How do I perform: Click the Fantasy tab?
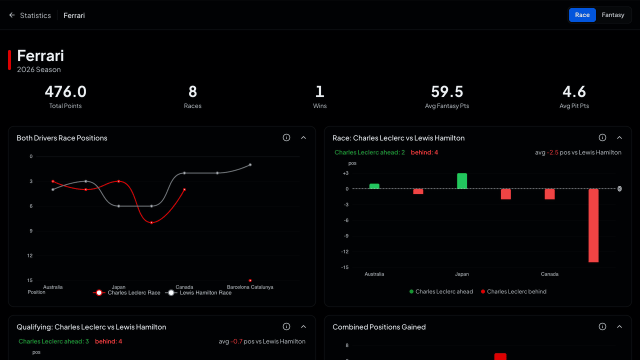point(613,15)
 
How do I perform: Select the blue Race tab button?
point(582,15)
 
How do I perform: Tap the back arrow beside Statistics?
point(11,15)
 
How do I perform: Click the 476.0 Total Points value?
point(65,91)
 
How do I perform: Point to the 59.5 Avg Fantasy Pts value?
point(447,91)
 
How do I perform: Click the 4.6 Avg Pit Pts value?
point(574,91)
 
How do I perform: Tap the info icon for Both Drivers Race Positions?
point(286,137)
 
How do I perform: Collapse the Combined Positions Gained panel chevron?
point(619,326)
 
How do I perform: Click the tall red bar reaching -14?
point(593,225)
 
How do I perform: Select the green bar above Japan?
point(462,181)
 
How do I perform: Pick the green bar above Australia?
point(374,186)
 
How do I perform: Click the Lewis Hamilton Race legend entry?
point(198,293)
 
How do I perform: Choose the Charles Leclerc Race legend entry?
point(126,293)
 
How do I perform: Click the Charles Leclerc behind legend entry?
point(513,291)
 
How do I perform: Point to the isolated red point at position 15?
point(250,280)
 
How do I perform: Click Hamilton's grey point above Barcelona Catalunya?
point(250,165)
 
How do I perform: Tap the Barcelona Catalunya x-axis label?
point(250,287)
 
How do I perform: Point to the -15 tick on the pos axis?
point(345,267)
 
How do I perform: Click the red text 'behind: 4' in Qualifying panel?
point(108,341)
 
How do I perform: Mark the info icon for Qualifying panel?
point(286,326)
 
